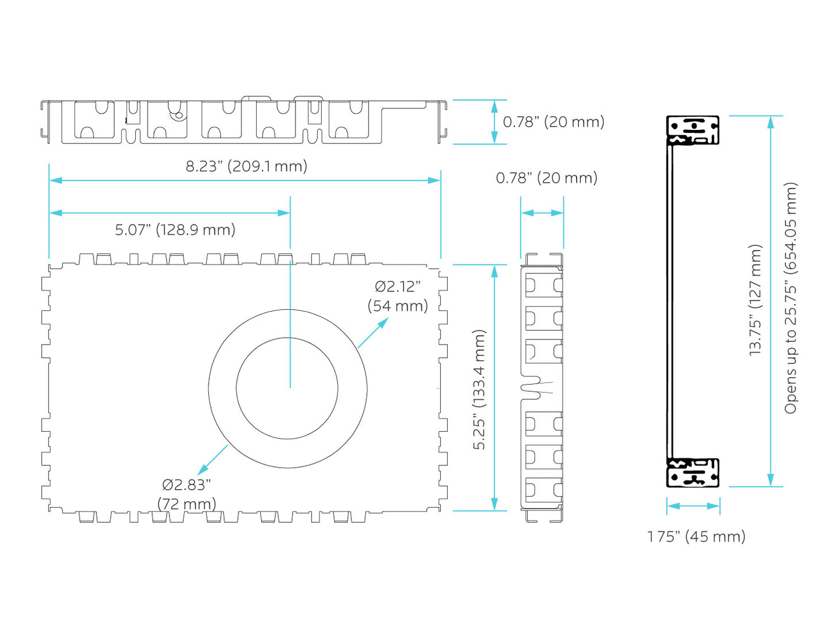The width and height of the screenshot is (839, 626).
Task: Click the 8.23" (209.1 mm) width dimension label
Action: coord(246,167)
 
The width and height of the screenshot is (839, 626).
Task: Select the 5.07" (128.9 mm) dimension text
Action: coord(175,230)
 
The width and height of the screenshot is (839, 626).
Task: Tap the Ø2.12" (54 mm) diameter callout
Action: coord(398,296)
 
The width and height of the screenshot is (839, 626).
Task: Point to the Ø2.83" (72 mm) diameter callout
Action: coord(186,494)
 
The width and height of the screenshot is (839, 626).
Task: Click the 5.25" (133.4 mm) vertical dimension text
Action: coord(479,389)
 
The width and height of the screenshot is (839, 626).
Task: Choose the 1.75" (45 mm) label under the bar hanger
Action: coord(696,537)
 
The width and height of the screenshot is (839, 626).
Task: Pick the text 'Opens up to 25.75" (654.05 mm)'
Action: coord(790,298)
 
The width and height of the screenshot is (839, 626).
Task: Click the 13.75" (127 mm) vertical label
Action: coord(755,300)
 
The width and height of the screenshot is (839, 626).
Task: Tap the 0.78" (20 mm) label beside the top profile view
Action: coord(553,122)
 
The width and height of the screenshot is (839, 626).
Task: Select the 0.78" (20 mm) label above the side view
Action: coord(546,178)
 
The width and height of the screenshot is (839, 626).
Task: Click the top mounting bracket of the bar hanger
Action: coord(693,130)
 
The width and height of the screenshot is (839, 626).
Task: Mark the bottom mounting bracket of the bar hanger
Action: coord(693,473)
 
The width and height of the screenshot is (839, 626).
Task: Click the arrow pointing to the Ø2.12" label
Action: coord(373,332)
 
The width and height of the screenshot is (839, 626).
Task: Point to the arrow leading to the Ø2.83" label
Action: coord(213,460)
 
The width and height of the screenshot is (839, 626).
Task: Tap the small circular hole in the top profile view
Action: coord(178,115)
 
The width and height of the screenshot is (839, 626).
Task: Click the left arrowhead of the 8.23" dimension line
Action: coord(56,180)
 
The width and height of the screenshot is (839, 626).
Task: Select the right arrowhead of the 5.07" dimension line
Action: coord(284,213)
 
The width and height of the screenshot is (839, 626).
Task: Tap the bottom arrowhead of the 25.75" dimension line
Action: coord(770,480)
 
